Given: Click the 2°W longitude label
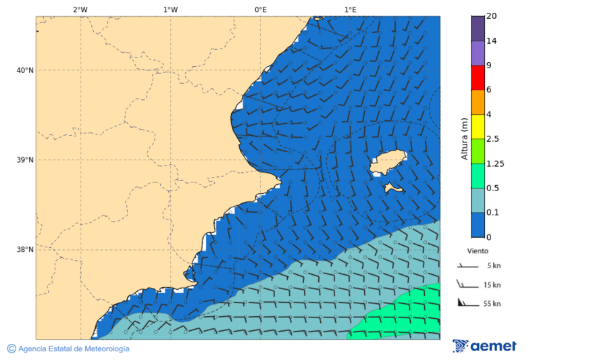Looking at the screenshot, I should pos(80,9).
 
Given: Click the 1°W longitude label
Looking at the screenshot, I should pos(170,9).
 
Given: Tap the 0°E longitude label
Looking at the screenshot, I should pos(260,9).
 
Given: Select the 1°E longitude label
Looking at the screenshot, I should pos(350,9).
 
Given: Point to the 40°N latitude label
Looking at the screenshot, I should pos(25,70).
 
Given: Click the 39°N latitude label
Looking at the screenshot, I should pos(25,160).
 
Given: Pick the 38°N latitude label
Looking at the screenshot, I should pos(25,249).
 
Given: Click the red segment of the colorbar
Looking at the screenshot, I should pos(478,77).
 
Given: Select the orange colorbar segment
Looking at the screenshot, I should pos(478,102).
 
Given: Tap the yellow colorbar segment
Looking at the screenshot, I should pos(478,126).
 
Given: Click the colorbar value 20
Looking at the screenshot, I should pos(491,16).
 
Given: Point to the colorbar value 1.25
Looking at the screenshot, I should pos(496,163).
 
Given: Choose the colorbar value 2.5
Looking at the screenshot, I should pos(492,139).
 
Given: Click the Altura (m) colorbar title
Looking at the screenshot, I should pos(464,138).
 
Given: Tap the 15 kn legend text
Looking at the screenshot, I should pos(492,285).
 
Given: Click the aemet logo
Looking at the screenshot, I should pos(484,346).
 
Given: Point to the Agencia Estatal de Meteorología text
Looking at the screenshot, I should pos(73,349).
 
